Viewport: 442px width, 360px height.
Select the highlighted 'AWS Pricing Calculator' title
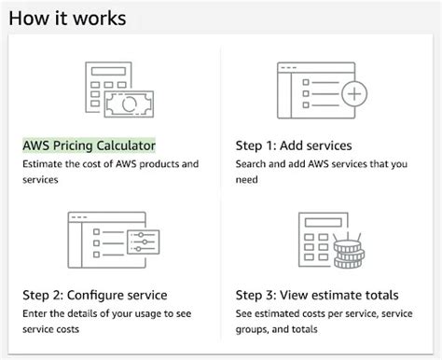tap(89, 145)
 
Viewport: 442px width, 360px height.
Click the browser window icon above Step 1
tap(312, 89)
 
